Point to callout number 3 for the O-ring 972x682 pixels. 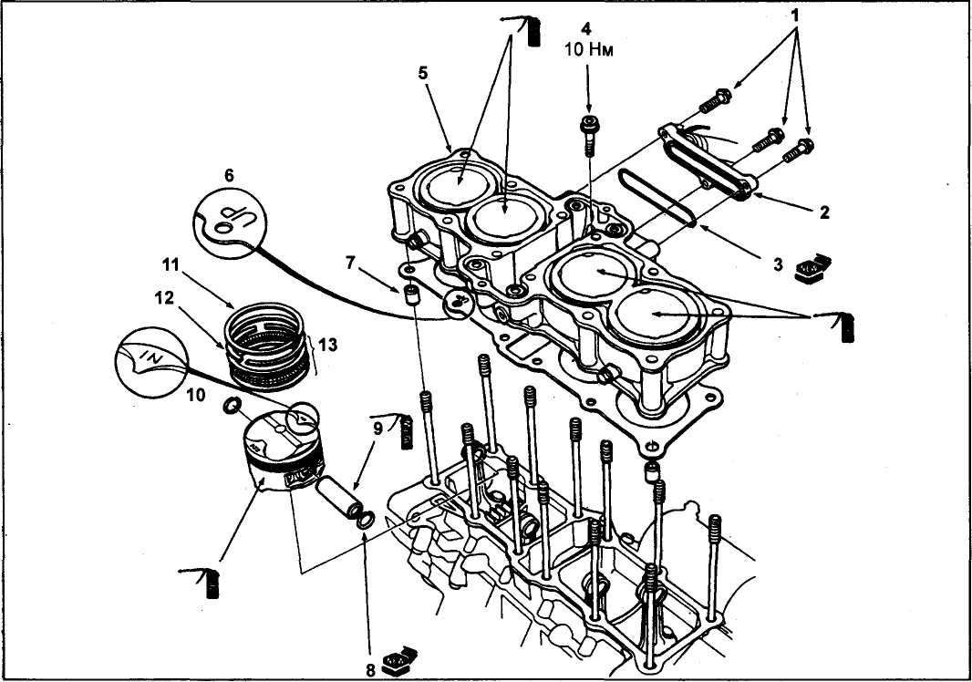tap(778, 263)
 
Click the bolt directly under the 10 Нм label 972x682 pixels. tap(589, 133)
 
